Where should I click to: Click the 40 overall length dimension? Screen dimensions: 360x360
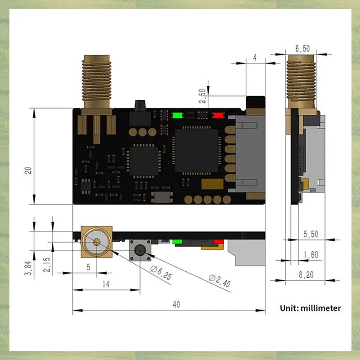coord(176,304)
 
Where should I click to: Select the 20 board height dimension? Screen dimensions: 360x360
coord(28,170)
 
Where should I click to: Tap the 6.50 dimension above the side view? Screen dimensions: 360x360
coord(302,48)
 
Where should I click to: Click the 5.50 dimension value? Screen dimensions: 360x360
coord(310,234)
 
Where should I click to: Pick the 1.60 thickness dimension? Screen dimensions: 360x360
coord(310,255)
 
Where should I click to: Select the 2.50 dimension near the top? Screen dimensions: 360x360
coord(203,95)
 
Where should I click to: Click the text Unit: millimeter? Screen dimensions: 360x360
coord(310,308)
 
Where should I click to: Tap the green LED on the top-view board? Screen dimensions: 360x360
coord(177,115)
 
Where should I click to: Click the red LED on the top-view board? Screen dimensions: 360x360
coord(218,115)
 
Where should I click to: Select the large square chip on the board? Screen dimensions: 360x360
coord(196,150)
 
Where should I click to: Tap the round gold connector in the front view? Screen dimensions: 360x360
coord(96,241)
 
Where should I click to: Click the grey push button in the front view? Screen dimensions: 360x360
coord(139,250)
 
